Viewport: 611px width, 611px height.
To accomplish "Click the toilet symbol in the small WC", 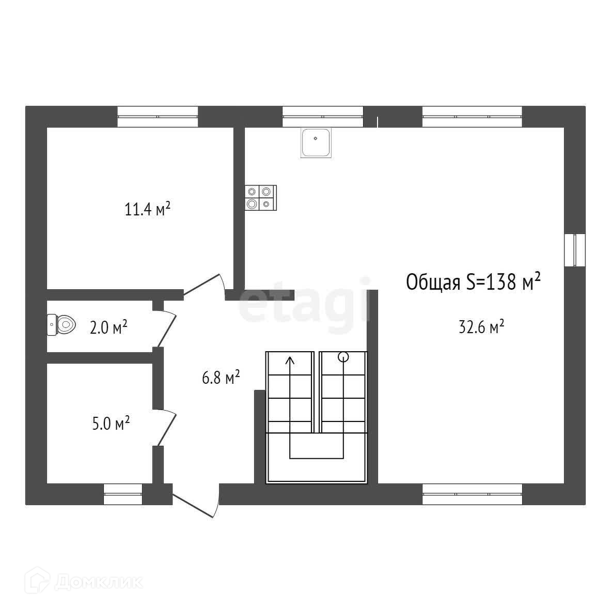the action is (62, 324).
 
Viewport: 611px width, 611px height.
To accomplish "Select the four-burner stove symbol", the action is (260, 198).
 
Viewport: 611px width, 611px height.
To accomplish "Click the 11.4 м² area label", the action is (147, 210).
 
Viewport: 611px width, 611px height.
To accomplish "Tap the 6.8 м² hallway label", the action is (221, 378).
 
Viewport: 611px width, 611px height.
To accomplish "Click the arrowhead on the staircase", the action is (290, 361).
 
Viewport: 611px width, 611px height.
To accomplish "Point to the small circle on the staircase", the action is (343, 356).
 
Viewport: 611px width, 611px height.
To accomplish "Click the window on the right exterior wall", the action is (574, 250).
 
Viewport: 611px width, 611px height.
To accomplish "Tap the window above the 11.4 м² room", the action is (158, 117).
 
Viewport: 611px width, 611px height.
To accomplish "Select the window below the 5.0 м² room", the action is (123, 494).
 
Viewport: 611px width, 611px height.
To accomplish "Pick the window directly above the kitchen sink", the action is (322, 117).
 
